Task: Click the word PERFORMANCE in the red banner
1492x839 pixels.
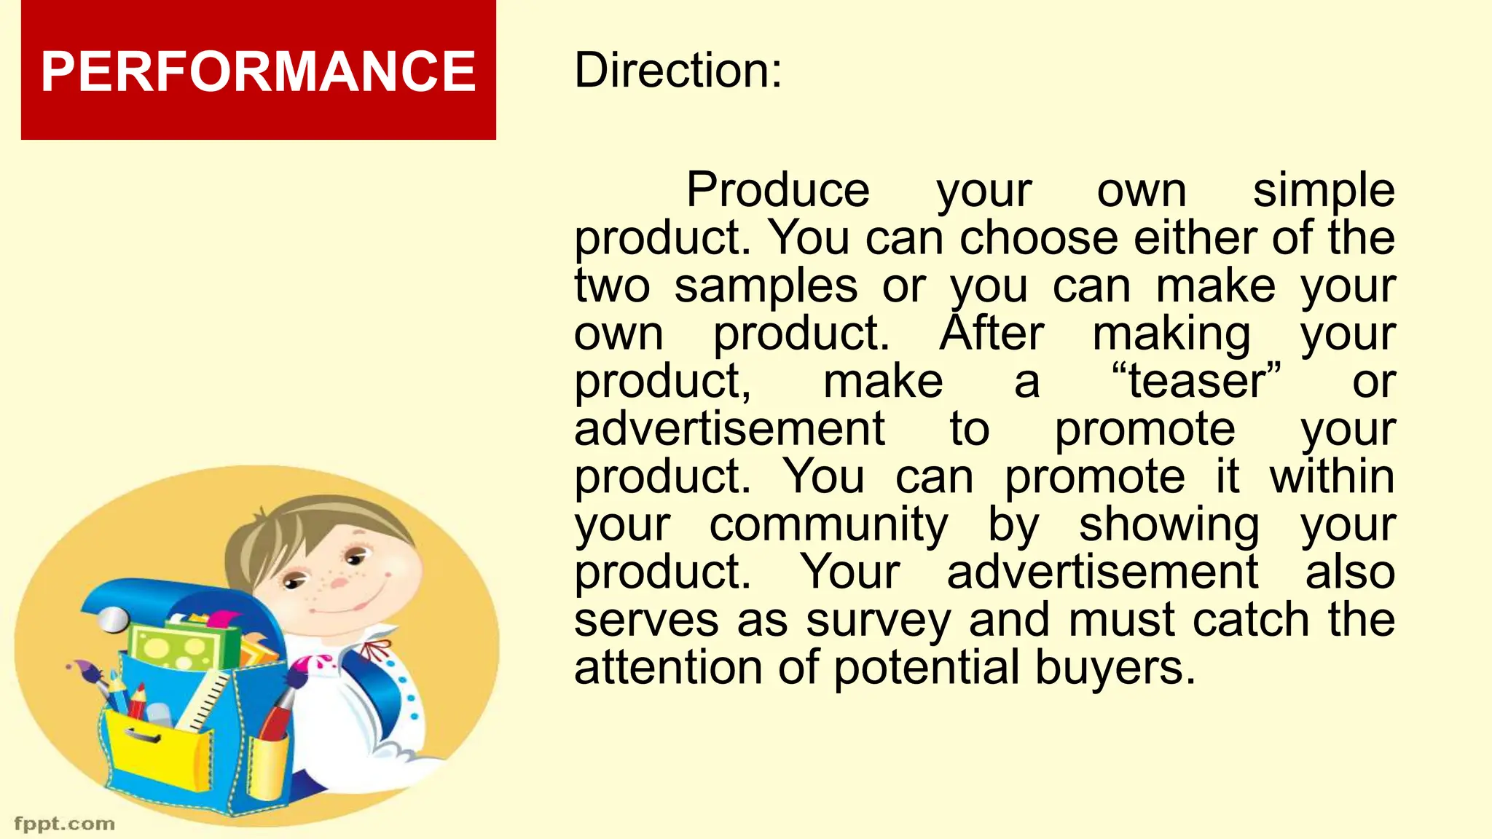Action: [258, 71]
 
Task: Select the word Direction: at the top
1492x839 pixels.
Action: [678, 71]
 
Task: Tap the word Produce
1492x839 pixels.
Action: [777, 190]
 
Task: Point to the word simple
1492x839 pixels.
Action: [1323, 190]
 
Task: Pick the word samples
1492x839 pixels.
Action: [765, 285]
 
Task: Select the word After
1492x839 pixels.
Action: [992, 334]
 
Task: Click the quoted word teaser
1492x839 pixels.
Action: [1195, 381]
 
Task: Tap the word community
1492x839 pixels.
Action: [828, 524]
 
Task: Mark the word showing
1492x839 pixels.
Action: [1169, 524]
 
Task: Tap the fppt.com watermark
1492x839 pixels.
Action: [65, 824]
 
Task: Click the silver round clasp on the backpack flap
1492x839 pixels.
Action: [113, 620]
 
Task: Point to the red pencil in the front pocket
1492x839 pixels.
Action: [136, 701]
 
